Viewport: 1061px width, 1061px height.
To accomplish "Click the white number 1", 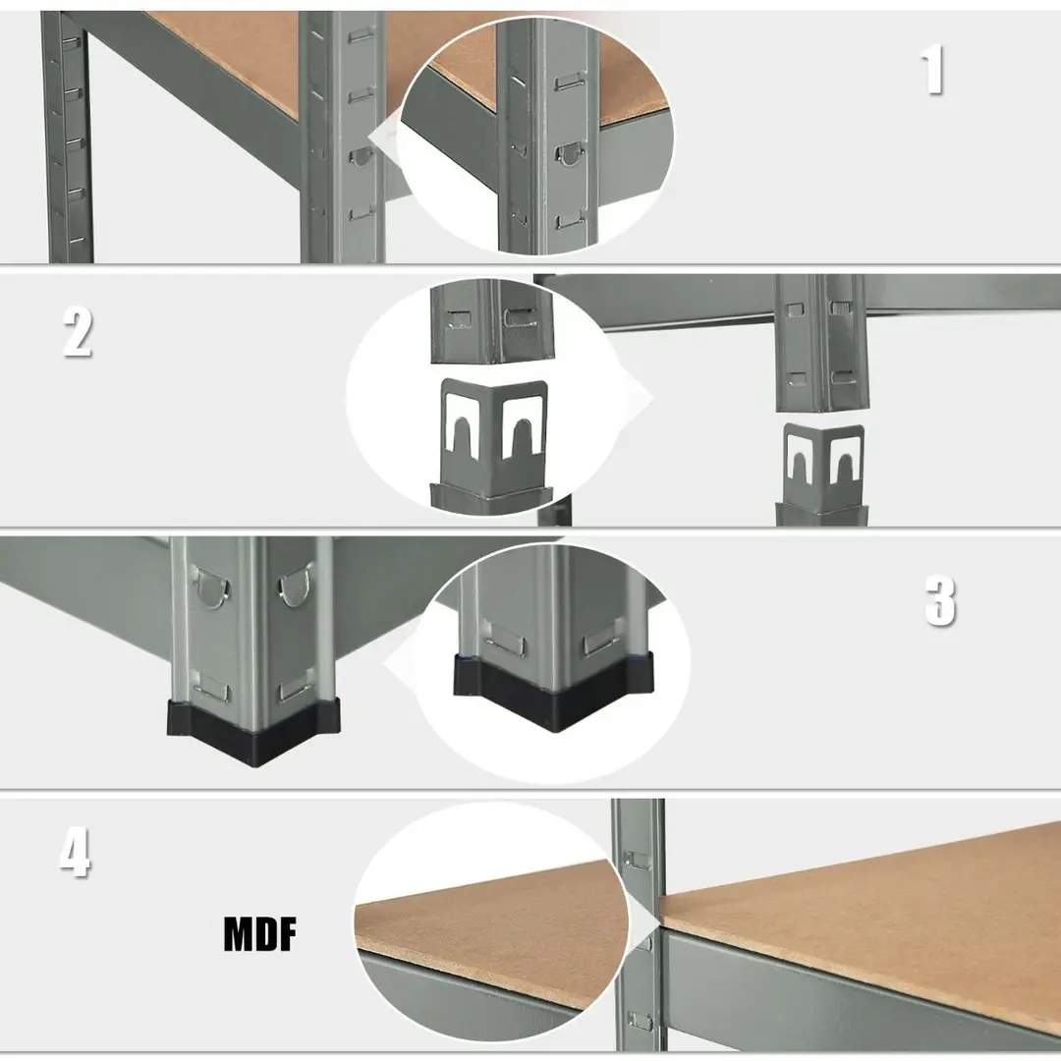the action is point(932,69).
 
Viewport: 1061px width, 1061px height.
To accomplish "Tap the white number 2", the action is point(78,331).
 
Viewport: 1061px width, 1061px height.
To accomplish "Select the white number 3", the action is point(940,600).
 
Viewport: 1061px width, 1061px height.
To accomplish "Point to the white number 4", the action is point(75,854).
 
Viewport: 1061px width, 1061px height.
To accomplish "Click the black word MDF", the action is point(259,934).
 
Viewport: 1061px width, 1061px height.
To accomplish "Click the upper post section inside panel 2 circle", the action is point(492,321).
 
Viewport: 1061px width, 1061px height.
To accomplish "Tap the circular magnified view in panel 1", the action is point(536,136).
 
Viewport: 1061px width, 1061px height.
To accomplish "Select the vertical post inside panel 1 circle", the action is point(548,136).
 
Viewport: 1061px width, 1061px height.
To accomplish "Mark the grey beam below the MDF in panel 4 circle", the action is point(467,994).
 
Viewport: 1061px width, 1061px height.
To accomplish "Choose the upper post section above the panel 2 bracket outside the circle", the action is point(822,343).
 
